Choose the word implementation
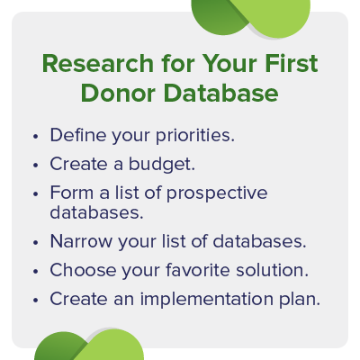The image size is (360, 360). pos(204,298)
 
